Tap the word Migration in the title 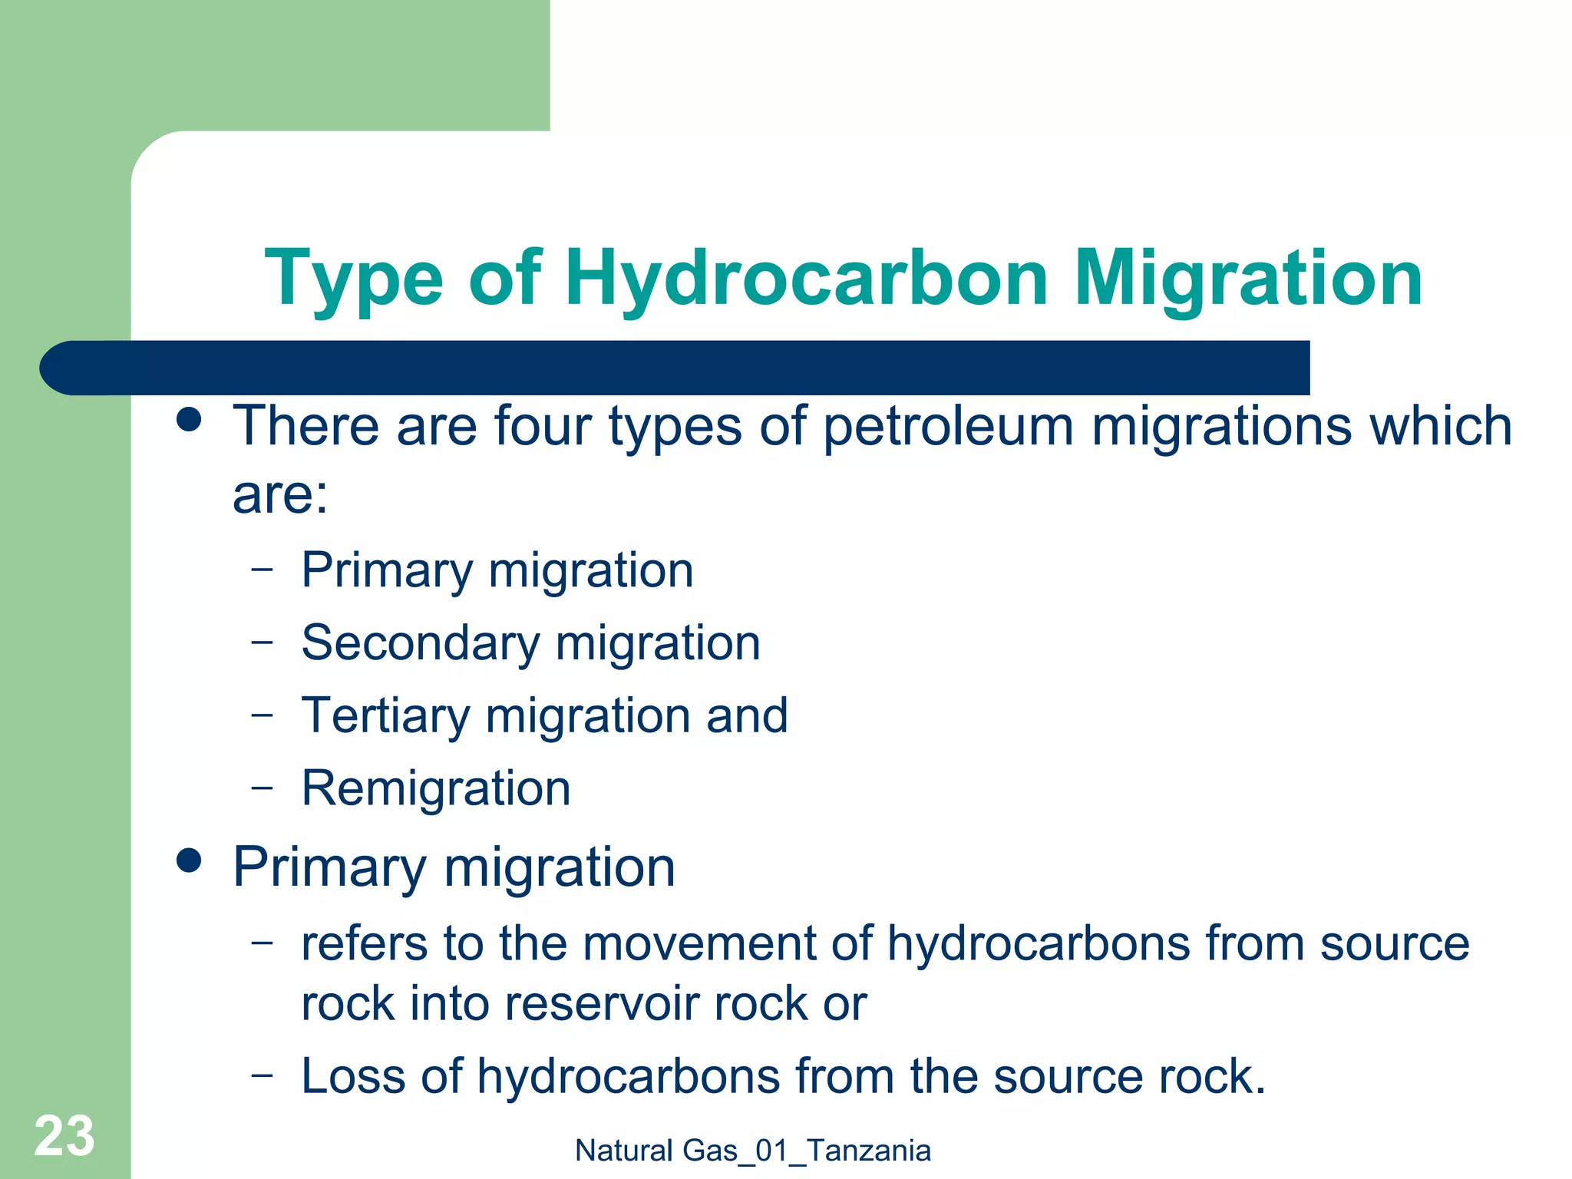click(1247, 278)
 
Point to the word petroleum click(947, 427)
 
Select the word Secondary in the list click(421, 643)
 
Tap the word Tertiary click(385, 716)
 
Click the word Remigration click(436, 789)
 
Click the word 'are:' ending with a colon click(280, 495)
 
